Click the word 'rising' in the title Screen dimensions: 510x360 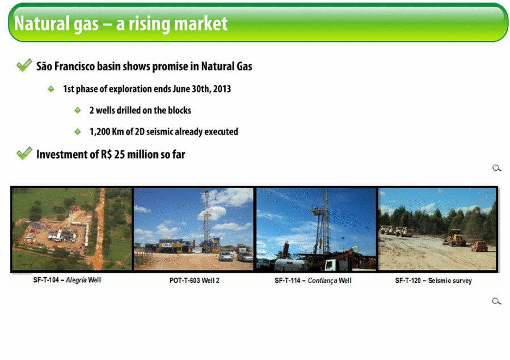(x=148, y=24)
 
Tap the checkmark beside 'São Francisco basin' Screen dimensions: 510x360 (x=24, y=65)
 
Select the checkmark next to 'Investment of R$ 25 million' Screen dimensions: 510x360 (x=24, y=153)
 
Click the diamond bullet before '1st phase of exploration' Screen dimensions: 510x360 (x=51, y=89)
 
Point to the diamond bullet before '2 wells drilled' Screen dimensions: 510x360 (x=78, y=111)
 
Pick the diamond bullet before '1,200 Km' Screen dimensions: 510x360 (x=78, y=132)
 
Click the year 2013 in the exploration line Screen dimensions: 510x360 (x=222, y=89)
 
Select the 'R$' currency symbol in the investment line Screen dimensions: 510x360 (x=106, y=154)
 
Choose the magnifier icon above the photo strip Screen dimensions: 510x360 (x=496, y=168)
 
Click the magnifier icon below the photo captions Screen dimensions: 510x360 (x=496, y=301)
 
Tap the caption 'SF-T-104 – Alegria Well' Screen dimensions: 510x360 (x=67, y=280)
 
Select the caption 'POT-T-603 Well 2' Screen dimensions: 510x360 (x=195, y=281)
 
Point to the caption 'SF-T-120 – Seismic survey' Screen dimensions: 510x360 (x=433, y=281)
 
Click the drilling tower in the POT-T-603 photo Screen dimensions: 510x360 (x=206, y=221)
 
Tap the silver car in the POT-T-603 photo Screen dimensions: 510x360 (x=226, y=256)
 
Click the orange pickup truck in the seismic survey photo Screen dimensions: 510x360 (x=479, y=246)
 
